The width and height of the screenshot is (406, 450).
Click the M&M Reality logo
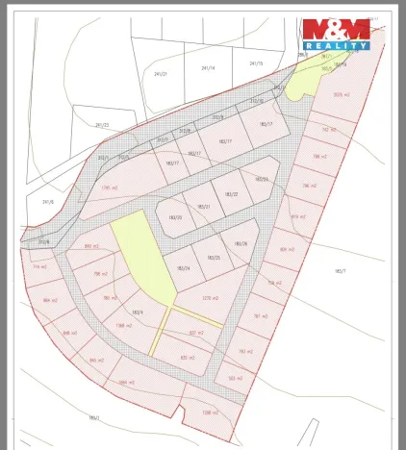336,34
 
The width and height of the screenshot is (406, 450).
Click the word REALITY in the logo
336,44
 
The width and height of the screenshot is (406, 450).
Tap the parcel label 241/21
161,73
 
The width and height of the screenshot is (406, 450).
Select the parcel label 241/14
208,68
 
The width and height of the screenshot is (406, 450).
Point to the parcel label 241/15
255,63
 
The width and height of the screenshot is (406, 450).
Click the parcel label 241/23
102,125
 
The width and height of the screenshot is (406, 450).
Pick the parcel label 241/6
48,202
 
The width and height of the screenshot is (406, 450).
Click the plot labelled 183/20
175,218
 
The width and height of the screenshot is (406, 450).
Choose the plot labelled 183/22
231,195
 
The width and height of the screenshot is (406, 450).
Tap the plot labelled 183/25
214,258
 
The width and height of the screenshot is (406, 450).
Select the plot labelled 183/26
241,243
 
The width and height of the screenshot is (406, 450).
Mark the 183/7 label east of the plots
340,271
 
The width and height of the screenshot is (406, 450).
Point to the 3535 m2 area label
340,94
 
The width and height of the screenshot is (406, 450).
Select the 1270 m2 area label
211,298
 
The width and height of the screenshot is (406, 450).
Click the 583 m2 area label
235,378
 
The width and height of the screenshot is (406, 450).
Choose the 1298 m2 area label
210,412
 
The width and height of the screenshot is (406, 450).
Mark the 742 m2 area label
328,130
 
